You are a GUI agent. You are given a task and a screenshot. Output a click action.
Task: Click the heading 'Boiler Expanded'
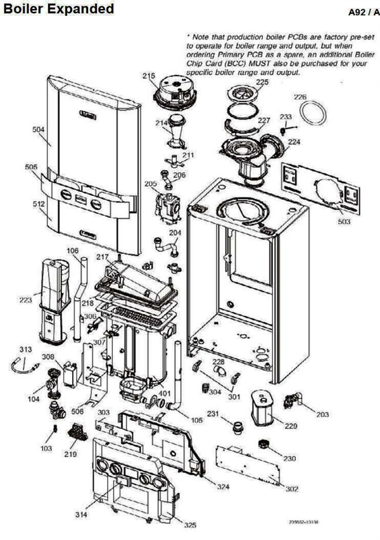(58, 9)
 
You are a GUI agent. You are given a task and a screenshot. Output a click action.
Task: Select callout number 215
(148, 76)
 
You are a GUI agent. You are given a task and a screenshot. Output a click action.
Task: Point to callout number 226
(300, 97)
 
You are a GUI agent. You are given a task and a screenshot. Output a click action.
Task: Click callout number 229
(291, 426)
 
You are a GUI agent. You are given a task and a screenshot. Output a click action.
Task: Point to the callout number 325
(190, 525)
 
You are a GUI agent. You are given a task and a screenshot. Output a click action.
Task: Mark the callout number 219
(70, 455)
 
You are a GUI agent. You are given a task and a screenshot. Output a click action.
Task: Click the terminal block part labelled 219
(77, 436)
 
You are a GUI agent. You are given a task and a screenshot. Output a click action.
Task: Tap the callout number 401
(163, 392)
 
